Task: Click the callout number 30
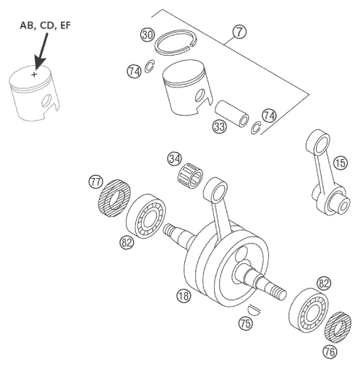tap(147, 35)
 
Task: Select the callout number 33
tap(220, 127)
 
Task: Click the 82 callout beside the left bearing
tap(127, 243)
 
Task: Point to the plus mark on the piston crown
tap(33, 74)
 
